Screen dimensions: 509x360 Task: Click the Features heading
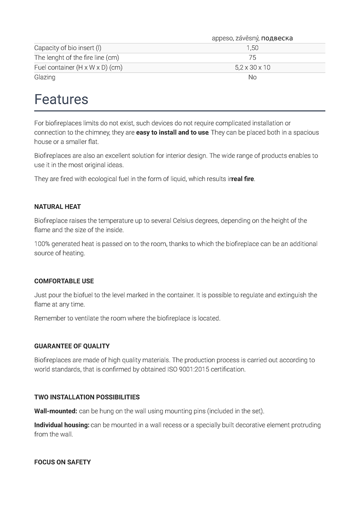click(x=61, y=100)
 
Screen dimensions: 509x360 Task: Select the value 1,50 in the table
click(x=252, y=48)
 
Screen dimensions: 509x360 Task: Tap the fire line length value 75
click(x=252, y=58)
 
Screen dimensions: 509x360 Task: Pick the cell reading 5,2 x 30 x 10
click(x=252, y=67)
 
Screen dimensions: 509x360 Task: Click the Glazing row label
click(x=45, y=77)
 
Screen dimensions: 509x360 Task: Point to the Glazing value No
click(x=252, y=77)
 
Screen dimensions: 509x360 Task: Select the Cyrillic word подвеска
click(x=277, y=38)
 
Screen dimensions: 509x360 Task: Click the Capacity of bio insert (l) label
click(x=67, y=48)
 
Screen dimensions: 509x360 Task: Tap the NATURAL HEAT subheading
click(x=57, y=207)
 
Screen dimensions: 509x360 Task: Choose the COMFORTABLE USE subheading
click(x=64, y=281)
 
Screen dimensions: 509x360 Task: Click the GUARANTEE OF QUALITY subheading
click(x=72, y=346)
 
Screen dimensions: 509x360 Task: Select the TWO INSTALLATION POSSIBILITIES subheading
click(x=87, y=397)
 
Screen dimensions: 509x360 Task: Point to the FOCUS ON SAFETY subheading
click(x=62, y=462)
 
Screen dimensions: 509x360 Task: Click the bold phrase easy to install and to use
click(x=172, y=132)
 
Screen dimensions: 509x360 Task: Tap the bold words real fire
click(x=243, y=179)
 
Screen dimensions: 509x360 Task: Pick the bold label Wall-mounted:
click(x=56, y=411)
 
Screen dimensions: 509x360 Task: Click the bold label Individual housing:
click(x=62, y=425)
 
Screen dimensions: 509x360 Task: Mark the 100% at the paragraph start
click(x=41, y=244)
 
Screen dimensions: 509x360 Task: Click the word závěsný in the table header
click(x=247, y=38)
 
